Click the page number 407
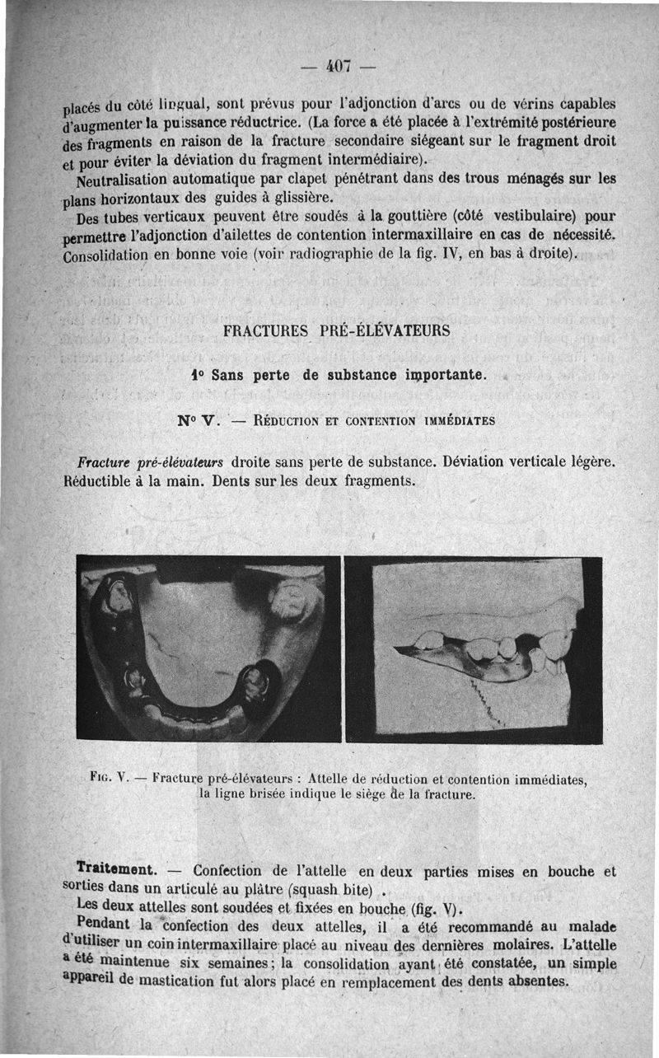[339, 64]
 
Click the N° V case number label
[195, 419]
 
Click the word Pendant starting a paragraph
[103, 923]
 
